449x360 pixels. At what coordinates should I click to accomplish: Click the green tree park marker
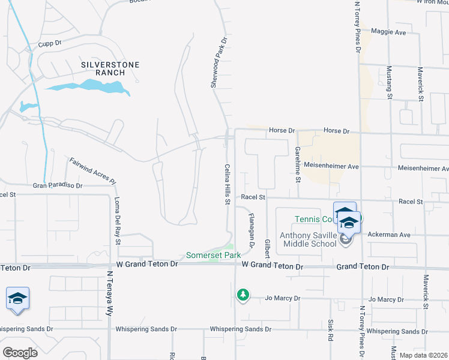click(x=243, y=295)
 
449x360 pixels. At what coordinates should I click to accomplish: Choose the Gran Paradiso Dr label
click(x=57, y=186)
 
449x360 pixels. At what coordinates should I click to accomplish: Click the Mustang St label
click(x=389, y=82)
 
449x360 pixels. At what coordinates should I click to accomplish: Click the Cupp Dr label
click(x=50, y=43)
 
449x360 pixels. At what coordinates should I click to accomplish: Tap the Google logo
click(x=19, y=352)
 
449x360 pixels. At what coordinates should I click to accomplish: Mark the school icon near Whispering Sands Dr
click(x=18, y=299)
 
